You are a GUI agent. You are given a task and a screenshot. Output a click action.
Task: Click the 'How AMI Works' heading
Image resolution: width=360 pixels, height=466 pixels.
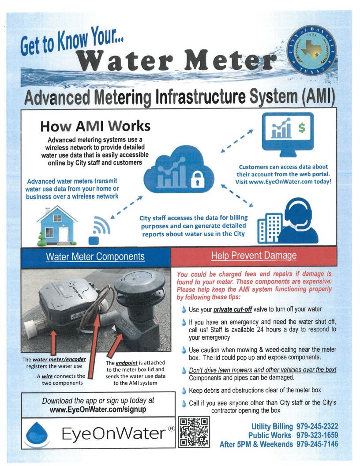(x=95, y=127)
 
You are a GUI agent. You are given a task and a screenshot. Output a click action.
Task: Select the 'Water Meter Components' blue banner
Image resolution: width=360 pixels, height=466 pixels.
(x=95, y=256)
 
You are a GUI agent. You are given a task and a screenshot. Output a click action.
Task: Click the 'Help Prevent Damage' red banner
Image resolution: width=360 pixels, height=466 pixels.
(x=254, y=256)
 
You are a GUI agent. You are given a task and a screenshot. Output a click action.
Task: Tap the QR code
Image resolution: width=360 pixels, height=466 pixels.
(x=194, y=433)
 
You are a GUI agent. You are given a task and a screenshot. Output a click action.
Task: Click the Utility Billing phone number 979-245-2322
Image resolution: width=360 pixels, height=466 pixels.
(x=317, y=426)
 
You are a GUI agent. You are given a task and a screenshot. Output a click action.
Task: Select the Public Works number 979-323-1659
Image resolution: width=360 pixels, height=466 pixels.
(x=317, y=435)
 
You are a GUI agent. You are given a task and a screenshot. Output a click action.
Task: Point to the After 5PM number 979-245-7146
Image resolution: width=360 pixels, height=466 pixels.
(x=317, y=444)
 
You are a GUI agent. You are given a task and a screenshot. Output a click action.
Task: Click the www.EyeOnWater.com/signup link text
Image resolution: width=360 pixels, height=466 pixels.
(x=98, y=409)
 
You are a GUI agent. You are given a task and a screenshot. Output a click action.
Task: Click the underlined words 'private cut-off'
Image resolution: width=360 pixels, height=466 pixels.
(x=232, y=309)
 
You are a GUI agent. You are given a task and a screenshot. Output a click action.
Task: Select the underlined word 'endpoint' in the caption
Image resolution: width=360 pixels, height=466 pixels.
(x=125, y=363)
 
